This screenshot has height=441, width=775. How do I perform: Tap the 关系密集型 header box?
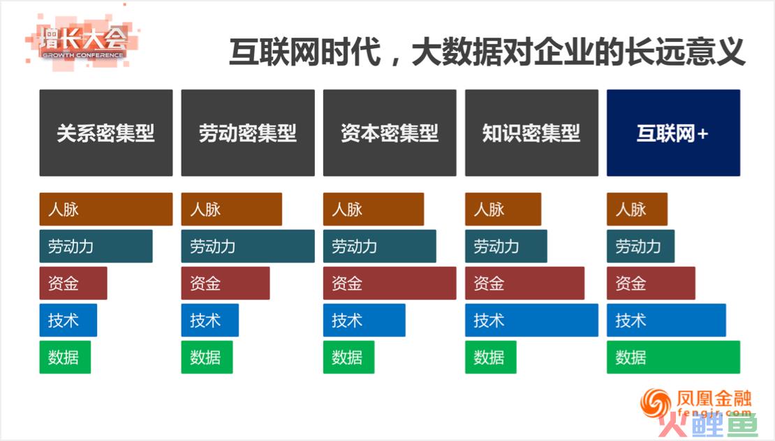[x=106, y=133]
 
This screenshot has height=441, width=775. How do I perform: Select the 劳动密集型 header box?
[x=248, y=133]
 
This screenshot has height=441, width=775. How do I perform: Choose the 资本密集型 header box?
[x=390, y=133]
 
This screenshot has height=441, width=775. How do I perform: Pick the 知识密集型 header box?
[x=532, y=133]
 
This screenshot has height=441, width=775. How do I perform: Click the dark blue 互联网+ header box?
[x=674, y=133]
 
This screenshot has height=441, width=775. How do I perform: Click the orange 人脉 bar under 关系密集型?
[x=106, y=209]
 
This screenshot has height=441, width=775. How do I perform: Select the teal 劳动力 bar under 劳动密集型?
[x=248, y=246]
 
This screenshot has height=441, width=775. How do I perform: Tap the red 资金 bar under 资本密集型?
[x=390, y=283]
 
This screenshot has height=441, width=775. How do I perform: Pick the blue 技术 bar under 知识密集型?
[x=532, y=320]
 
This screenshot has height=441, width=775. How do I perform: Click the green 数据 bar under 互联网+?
[x=674, y=357]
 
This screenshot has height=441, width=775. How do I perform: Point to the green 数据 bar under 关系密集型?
[x=65, y=357]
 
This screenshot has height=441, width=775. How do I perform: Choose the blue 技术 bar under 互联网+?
[x=667, y=320]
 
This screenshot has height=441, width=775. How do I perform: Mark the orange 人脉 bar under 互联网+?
[x=637, y=209]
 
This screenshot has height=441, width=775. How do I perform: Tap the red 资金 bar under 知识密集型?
[x=525, y=283]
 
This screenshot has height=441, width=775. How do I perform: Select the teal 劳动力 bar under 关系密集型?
[x=96, y=246]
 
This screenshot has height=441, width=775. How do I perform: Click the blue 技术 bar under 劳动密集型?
[x=210, y=320]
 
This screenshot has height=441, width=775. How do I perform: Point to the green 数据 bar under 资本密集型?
[x=349, y=357]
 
